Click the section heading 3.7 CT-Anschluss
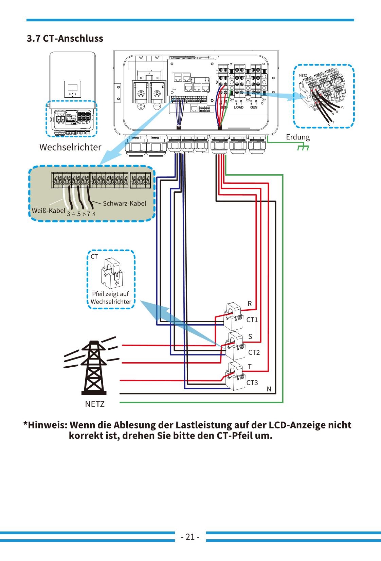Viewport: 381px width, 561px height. [65, 38]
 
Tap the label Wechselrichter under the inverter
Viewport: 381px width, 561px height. [70, 147]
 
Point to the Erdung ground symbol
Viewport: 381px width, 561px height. [303, 148]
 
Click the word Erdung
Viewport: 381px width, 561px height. [298, 137]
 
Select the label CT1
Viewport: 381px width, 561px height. [252, 320]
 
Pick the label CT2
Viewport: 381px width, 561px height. [254, 352]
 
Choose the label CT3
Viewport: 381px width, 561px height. [252, 383]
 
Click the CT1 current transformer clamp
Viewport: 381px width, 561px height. [234, 316]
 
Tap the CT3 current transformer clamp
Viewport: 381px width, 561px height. [236, 376]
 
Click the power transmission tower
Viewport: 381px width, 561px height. [93, 368]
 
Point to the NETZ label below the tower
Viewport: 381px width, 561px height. [95, 404]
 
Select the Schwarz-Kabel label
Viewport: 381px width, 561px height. [124, 204]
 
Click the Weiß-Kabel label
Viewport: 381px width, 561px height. [49, 211]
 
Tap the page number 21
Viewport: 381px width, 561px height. [190, 537]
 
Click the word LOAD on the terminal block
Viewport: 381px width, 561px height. [239, 107]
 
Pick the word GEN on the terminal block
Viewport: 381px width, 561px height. [254, 107]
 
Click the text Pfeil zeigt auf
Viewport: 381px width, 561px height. [110, 294]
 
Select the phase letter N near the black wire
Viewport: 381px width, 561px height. [269, 389]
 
